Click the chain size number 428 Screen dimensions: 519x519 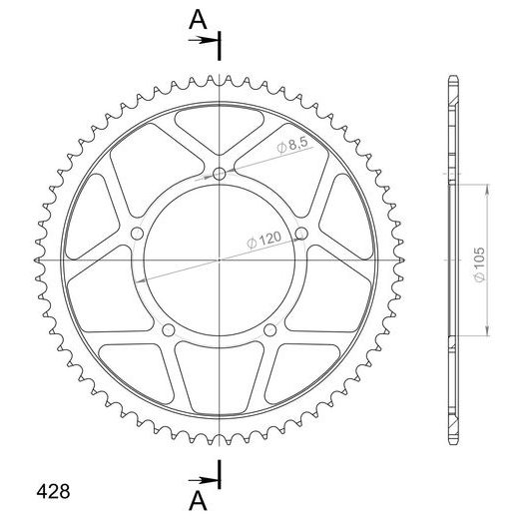53,491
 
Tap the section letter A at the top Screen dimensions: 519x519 198,20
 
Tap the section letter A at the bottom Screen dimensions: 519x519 198,501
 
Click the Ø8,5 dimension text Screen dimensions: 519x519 292,146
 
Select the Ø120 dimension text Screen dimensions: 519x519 264,241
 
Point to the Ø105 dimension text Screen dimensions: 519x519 479,264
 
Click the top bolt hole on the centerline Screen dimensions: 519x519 219,174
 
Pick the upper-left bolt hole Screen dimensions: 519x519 137,234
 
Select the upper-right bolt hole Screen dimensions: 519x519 301,233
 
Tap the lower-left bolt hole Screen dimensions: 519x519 169,330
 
